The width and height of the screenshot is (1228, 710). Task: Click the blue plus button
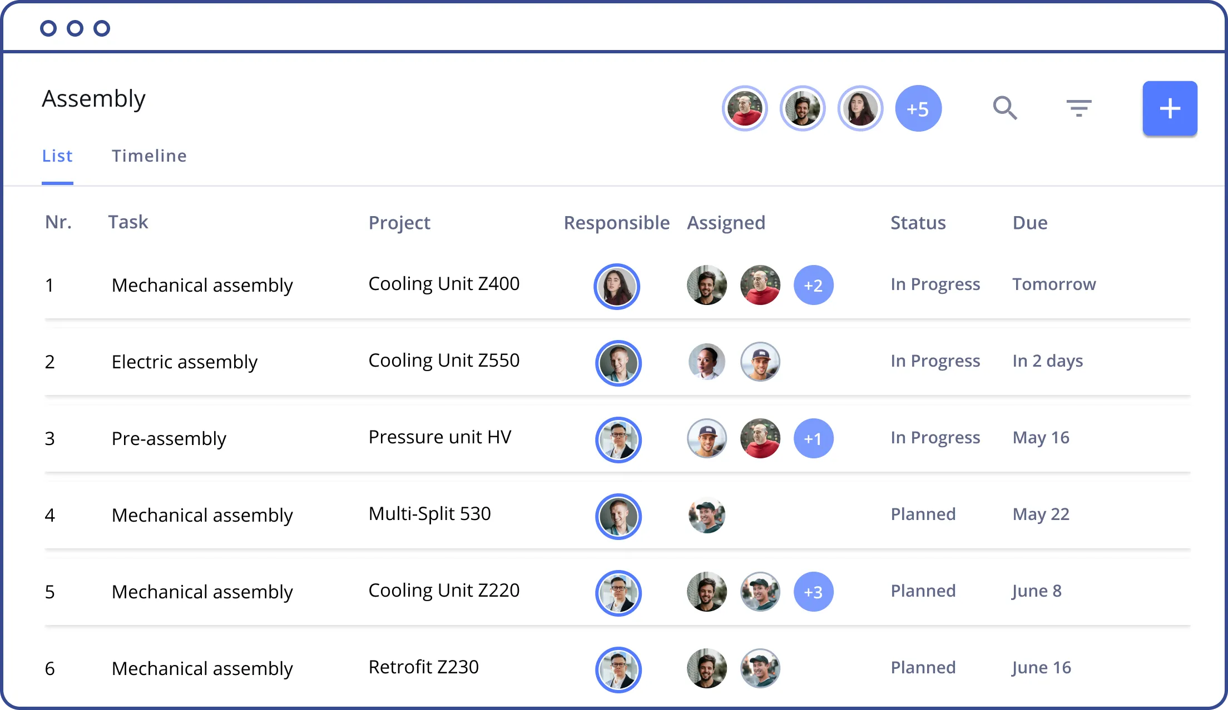coord(1170,108)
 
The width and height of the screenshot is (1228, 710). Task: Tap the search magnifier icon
coord(1005,108)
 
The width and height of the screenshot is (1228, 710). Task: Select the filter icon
coord(1079,108)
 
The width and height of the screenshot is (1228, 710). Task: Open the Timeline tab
coord(149,156)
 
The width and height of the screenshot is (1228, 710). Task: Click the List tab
coord(57,156)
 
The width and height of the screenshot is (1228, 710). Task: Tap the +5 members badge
coord(918,108)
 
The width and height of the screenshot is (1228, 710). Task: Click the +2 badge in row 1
coord(813,285)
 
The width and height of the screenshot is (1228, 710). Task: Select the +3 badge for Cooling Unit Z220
coord(813,592)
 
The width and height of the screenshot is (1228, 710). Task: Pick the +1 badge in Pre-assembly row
coord(813,438)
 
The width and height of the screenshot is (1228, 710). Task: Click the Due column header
coord(1030,223)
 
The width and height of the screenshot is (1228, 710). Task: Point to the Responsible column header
coord(616,223)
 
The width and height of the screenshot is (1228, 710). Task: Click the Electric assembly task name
coord(185,362)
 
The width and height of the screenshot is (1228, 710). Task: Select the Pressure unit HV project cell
coord(440,437)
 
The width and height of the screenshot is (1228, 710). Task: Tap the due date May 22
coord(1041,514)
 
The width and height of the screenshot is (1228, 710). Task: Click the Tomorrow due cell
coord(1054,284)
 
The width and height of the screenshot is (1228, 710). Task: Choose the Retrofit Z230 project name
coord(423,667)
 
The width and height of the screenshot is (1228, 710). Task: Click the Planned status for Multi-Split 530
coord(923,514)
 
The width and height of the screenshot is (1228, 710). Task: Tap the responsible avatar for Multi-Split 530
coord(618,516)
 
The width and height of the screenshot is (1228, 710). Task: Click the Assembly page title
coord(94,99)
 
